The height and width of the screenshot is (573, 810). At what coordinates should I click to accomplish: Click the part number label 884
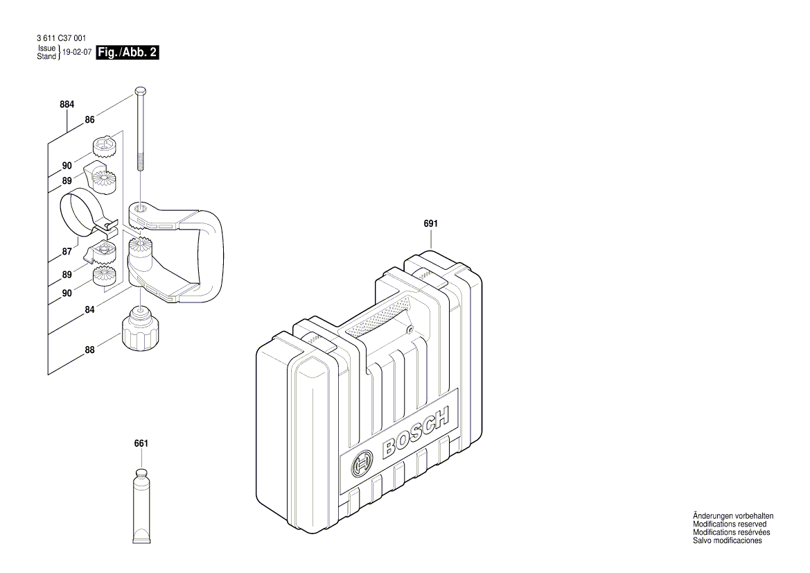tap(67, 104)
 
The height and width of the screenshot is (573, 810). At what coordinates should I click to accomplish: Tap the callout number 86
tap(89, 119)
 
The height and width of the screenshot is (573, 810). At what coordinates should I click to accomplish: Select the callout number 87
tap(67, 253)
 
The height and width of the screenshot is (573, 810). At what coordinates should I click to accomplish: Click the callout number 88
tap(89, 350)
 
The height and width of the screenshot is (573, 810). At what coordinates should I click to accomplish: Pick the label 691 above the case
tap(430, 224)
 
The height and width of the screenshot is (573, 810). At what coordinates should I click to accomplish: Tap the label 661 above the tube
tap(141, 443)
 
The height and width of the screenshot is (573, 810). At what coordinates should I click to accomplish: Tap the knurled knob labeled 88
tap(140, 334)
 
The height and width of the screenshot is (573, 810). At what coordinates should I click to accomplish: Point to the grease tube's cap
tap(141, 474)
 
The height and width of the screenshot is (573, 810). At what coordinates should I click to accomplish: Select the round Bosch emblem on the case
tap(362, 465)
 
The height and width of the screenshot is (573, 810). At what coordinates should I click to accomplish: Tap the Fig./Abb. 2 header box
tap(127, 52)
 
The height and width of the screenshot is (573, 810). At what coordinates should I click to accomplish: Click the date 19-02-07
tap(77, 52)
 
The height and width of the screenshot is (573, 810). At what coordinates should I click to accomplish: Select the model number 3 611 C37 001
tap(60, 39)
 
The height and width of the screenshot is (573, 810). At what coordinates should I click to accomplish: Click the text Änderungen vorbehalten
tap(733, 516)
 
